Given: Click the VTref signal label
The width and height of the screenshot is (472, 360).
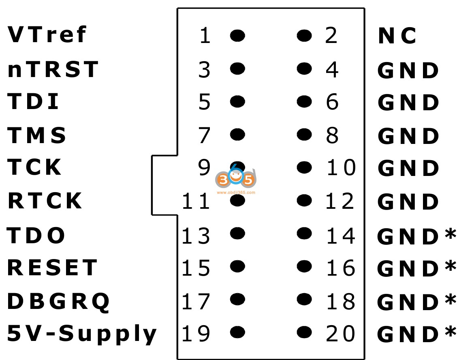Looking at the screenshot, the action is point(47,35).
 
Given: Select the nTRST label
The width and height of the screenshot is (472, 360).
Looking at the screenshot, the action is point(53,69).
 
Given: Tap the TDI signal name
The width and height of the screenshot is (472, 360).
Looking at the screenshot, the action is point(34,102).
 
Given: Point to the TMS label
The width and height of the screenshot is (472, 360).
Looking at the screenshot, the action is point(37,135).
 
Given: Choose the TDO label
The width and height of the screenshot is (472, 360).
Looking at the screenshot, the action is point(36,235).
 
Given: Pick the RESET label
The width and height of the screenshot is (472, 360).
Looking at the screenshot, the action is point(52,268).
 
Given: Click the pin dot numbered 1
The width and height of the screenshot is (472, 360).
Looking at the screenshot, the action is point(237,36).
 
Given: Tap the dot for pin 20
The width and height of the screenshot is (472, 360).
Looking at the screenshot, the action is point(304,333).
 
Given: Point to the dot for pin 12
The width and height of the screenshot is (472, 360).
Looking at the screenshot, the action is point(304,200).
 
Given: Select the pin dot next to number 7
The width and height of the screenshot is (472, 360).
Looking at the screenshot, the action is point(237,133).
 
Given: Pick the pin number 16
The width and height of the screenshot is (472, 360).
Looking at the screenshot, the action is point(340,268).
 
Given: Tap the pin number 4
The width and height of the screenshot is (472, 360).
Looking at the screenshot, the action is point(332,70).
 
